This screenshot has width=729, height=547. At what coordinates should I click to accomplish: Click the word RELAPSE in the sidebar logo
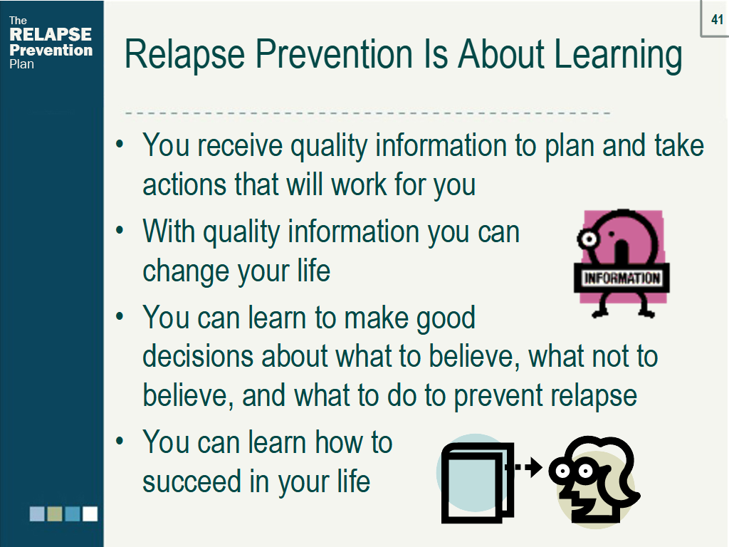pyautogui.click(x=51, y=35)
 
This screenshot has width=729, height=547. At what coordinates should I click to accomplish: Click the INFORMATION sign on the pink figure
pyautogui.click(x=622, y=278)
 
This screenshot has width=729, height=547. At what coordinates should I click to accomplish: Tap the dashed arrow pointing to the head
pyautogui.click(x=525, y=468)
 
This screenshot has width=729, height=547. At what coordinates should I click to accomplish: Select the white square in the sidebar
pyautogui.click(x=90, y=514)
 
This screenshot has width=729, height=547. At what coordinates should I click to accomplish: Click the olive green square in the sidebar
pyautogui.click(x=55, y=514)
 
